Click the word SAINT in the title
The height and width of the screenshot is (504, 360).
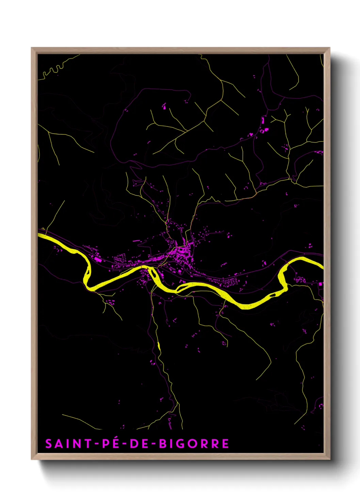pos(68,444)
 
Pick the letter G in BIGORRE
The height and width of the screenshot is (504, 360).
pos(183,444)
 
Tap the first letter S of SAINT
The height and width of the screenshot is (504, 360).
pos(49,444)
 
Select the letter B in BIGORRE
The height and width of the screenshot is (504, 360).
pos(163,444)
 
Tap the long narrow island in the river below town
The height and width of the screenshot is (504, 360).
pos(184,288)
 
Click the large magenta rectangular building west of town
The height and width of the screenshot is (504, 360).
pos(98,259)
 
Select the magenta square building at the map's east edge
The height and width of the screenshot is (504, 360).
pos(320,284)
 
